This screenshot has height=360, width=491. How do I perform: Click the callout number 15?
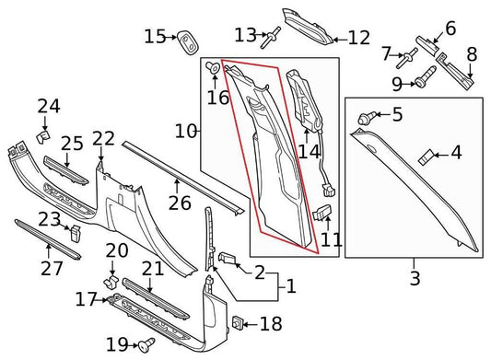point(155,37)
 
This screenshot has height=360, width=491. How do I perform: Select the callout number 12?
point(357,39)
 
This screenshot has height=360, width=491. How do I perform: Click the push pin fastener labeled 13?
point(274,37)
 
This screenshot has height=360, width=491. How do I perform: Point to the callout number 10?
point(186,132)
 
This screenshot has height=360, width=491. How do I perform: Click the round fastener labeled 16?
point(214,66)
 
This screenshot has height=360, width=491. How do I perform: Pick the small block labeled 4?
point(427,154)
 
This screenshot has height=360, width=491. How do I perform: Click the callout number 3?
point(415,275)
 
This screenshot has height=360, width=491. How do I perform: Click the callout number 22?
point(103,139)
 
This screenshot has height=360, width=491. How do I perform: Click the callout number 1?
point(291,287)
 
